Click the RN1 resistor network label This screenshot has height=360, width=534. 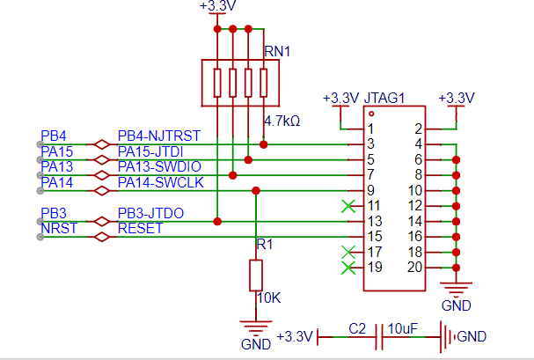(277, 51)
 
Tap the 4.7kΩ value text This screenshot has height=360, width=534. (282, 121)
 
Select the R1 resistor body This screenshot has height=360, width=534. (256, 276)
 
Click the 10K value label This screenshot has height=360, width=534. (268, 298)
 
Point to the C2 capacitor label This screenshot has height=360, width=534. (357, 329)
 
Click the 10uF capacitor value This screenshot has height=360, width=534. (403, 329)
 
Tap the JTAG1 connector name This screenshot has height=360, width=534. (384, 98)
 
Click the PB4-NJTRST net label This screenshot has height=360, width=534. (159, 136)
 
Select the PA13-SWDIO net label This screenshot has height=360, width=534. (159, 166)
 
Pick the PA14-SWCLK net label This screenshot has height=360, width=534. (161, 182)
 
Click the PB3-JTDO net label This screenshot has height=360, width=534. (150, 213)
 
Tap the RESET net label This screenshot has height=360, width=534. (140, 228)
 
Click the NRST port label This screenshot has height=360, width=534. (59, 228)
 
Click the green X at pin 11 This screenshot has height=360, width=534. (348, 206)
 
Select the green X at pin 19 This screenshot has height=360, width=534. (348, 268)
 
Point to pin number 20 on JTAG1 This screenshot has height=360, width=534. (415, 268)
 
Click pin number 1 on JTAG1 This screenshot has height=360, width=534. (370, 129)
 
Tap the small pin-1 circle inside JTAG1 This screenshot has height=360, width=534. (371, 114)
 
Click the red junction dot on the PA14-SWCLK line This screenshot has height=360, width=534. (256, 191)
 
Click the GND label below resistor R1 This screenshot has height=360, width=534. (256, 344)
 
